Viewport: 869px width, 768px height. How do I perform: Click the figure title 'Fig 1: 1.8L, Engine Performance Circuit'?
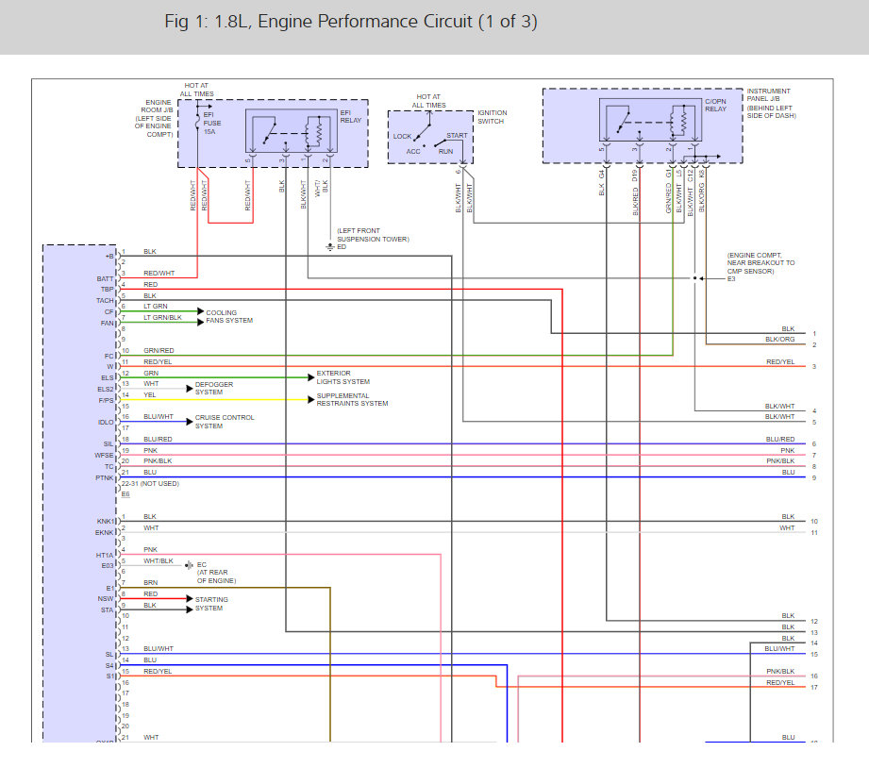[x=351, y=22]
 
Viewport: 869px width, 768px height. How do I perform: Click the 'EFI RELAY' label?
[x=351, y=118]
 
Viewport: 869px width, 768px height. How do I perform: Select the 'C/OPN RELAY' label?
[x=717, y=104]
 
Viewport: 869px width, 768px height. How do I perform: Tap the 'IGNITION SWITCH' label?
[x=492, y=118]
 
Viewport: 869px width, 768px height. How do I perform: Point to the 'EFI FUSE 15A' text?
[x=209, y=123]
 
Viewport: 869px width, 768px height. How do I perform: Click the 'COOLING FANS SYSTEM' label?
[x=229, y=317]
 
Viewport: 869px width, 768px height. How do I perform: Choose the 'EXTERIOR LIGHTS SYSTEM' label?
[x=343, y=377]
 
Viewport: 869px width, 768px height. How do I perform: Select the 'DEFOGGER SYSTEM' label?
[x=213, y=389]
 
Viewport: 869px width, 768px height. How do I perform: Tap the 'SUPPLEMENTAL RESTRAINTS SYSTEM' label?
[x=352, y=400]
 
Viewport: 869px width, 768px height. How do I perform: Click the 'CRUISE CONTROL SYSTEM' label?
[x=225, y=422]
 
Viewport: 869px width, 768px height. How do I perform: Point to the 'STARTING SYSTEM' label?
[x=211, y=604]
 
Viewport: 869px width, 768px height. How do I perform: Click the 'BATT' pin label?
[x=105, y=278]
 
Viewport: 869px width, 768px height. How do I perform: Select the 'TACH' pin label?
[x=105, y=301]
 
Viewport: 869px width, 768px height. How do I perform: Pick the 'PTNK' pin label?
[x=105, y=477]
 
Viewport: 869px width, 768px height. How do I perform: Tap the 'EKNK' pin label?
[x=105, y=532]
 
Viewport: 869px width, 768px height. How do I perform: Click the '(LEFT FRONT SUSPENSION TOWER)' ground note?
[x=373, y=235]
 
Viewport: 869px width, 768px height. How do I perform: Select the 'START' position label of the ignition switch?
[x=457, y=136]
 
